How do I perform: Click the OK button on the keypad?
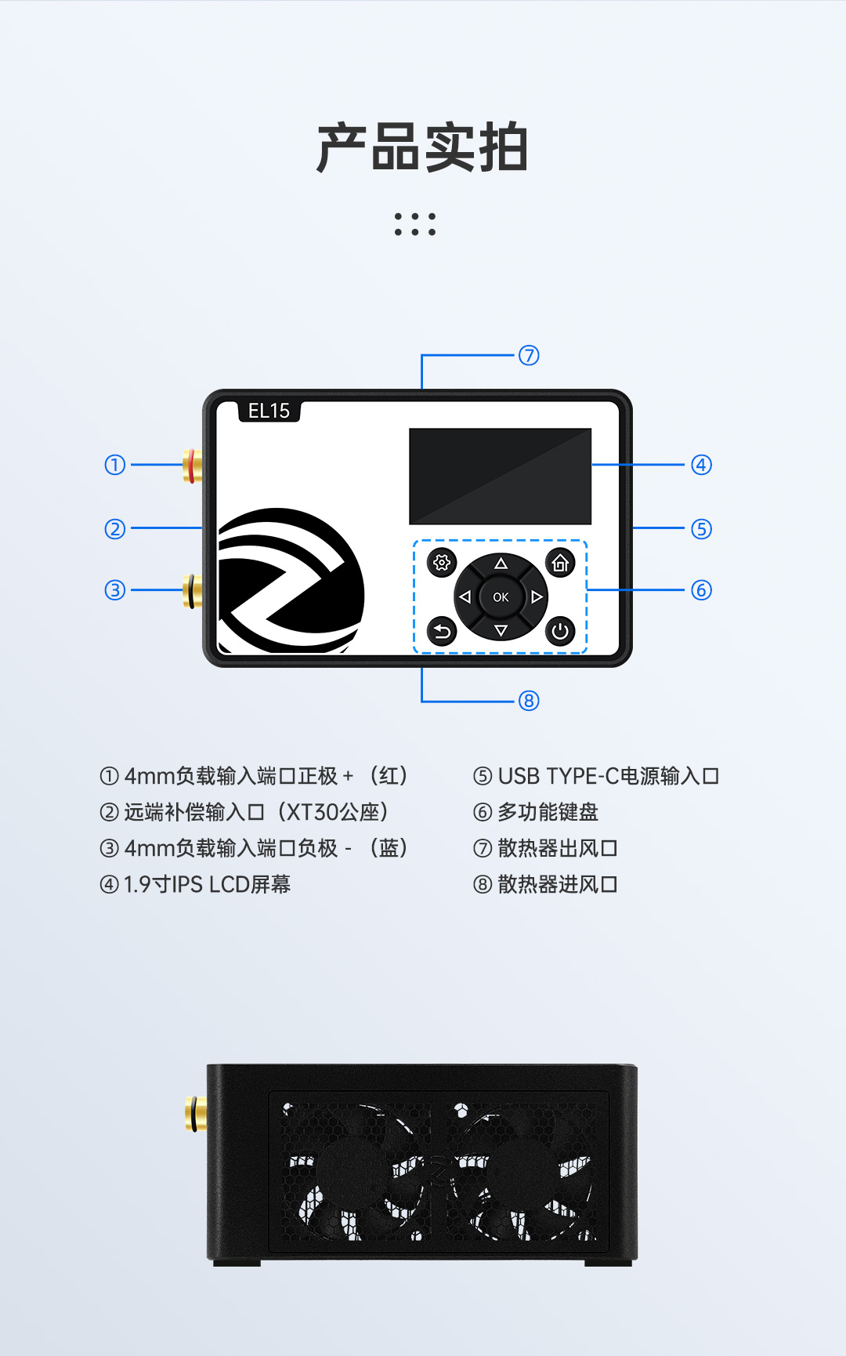501,597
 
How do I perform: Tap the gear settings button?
442,563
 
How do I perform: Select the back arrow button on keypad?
442,631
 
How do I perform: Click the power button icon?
560,631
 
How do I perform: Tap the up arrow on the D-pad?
501,564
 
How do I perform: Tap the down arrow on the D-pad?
501,630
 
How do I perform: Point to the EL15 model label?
269,411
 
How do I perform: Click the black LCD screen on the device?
500,476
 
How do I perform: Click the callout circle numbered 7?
529,356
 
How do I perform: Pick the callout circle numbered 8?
529,701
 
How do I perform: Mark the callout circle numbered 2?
115,529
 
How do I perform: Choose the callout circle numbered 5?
701,529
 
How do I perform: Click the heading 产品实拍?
422,147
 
